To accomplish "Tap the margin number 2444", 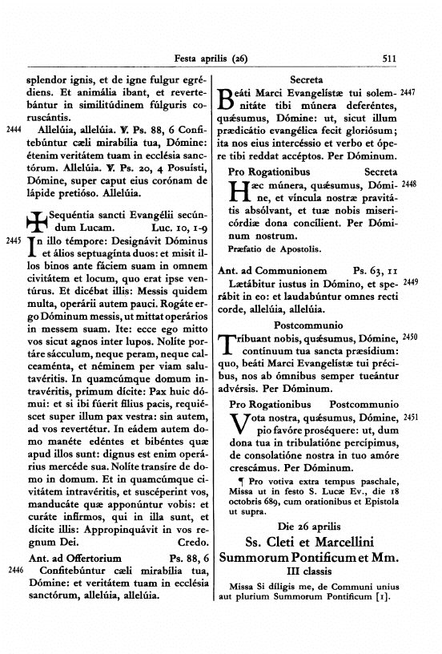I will pos(14,128).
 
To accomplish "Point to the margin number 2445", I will pos(14,240).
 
